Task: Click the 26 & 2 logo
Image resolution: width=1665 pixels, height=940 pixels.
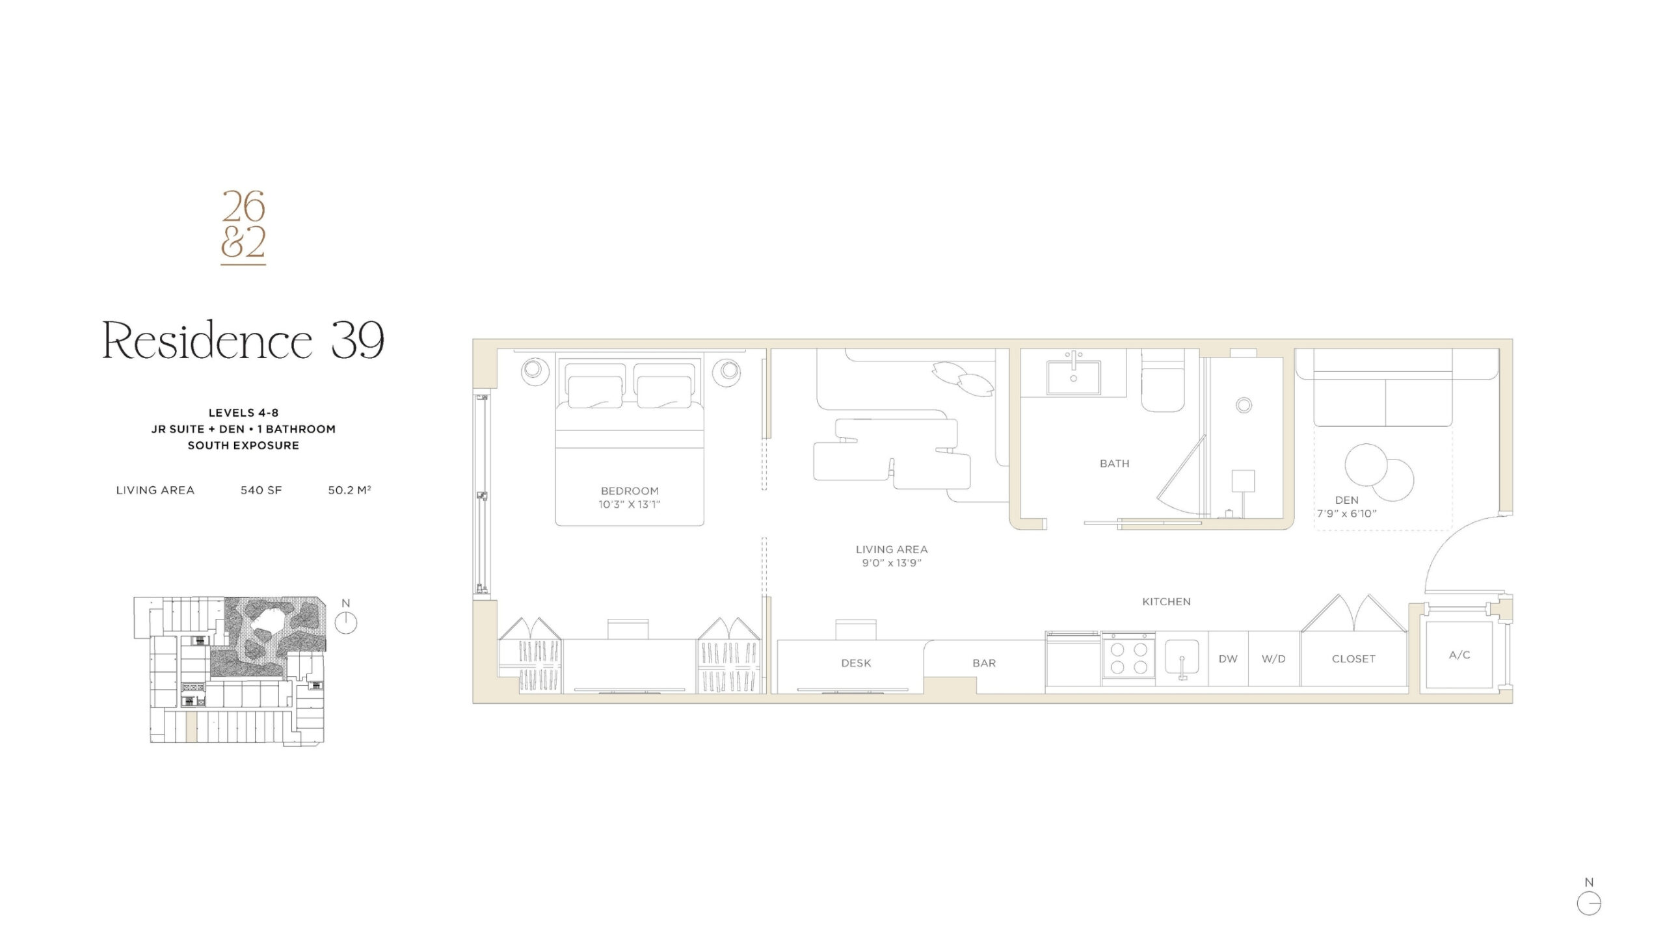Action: tap(243, 228)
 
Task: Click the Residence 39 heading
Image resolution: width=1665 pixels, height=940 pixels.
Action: tap(243, 340)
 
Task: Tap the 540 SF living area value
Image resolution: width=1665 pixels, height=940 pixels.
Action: tap(261, 490)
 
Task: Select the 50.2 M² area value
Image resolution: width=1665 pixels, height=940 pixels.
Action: tap(349, 490)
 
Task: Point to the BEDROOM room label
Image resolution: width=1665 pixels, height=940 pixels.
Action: tap(630, 491)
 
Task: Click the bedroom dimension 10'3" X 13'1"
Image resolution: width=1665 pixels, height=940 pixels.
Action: tap(630, 504)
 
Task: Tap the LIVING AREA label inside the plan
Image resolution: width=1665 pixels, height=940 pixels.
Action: tap(892, 549)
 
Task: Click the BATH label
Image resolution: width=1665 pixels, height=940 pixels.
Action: tap(1115, 463)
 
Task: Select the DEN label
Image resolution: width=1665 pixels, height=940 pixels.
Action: tap(1347, 500)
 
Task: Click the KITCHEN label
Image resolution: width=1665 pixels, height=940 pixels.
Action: tap(1167, 602)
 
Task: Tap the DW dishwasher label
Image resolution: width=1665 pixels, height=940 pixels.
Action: tap(1228, 659)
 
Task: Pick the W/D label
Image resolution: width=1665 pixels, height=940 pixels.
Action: tap(1273, 659)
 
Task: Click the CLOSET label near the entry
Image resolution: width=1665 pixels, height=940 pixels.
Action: tap(1353, 659)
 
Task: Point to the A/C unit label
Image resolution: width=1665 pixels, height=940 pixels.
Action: tap(1459, 655)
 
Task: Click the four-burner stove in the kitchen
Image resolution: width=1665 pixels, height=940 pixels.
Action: tap(1128, 657)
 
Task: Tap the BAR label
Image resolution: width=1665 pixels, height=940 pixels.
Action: tap(984, 663)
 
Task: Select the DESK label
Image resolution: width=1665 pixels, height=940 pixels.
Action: tap(856, 663)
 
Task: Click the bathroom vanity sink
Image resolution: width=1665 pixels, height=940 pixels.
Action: tap(1073, 377)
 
